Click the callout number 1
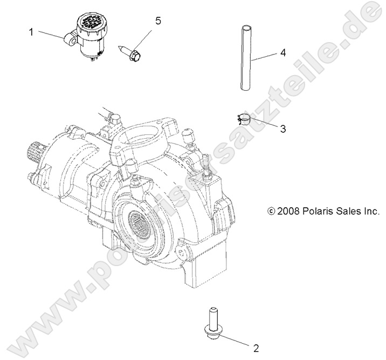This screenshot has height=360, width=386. [31, 32]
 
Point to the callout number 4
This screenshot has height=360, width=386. [282, 53]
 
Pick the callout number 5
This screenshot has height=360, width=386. [158, 21]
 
